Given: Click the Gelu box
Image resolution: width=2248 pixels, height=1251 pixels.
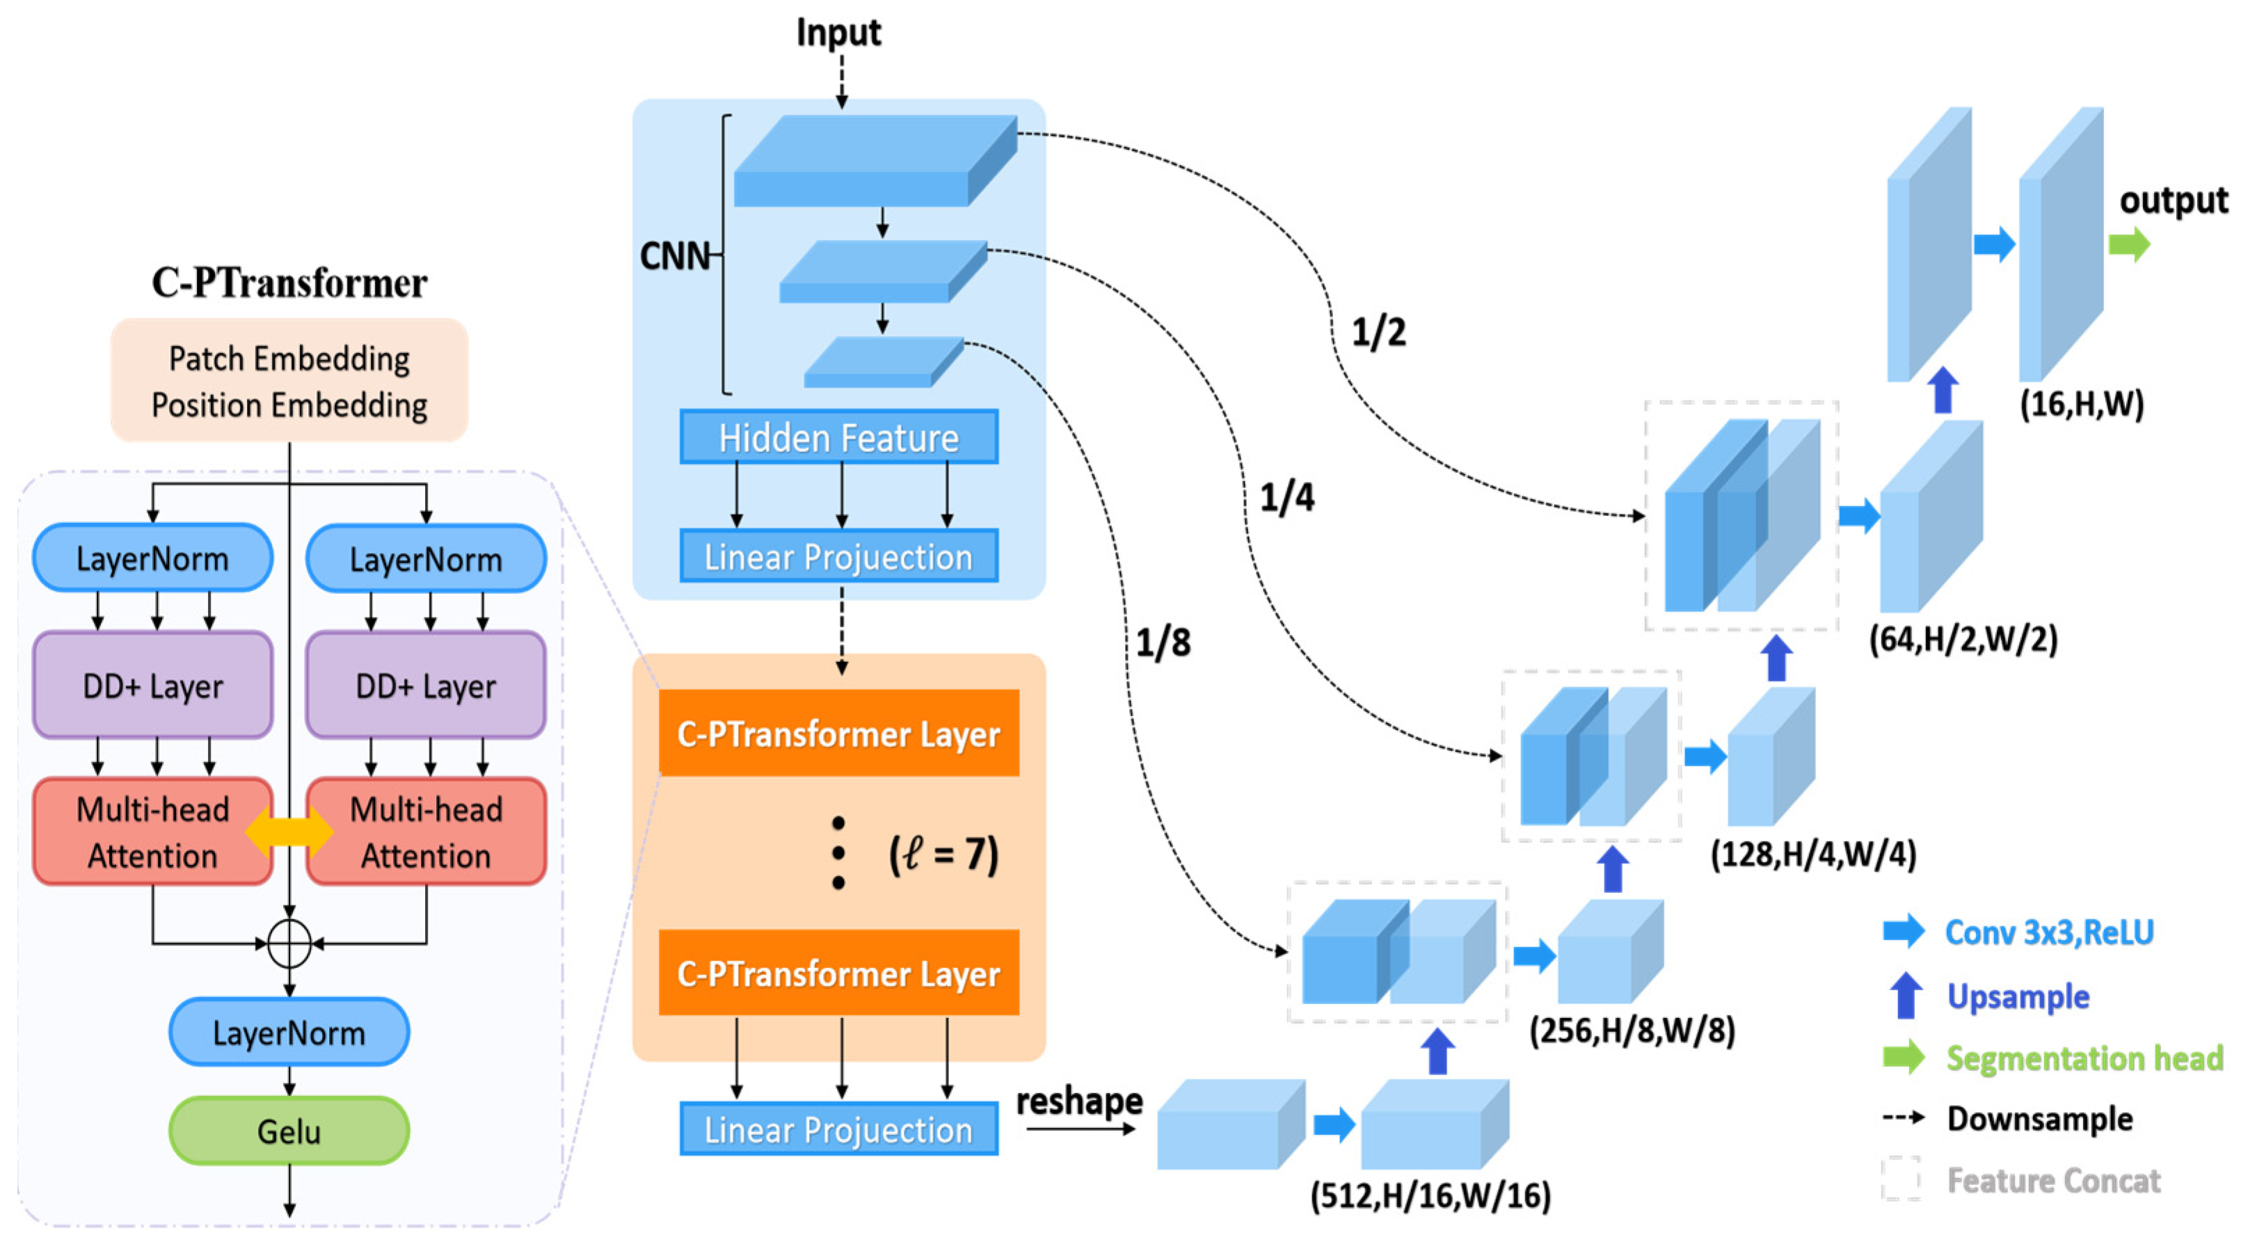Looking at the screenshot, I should pyautogui.click(x=289, y=1131).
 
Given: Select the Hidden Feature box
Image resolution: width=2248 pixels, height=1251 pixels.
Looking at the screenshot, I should pyautogui.click(x=838, y=437).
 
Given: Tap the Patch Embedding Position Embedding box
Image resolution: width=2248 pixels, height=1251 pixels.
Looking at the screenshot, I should pyautogui.click(x=289, y=381).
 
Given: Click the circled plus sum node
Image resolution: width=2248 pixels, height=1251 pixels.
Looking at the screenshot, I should pyautogui.click(x=289, y=943).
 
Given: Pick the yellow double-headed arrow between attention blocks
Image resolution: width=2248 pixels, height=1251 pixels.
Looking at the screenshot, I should pyautogui.click(x=289, y=832).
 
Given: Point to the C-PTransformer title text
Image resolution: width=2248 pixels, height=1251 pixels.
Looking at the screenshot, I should pyautogui.click(x=289, y=282).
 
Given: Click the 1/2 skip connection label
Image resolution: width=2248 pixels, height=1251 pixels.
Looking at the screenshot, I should pyautogui.click(x=1378, y=332).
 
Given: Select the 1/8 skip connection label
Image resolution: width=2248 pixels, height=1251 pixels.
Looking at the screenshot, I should pyautogui.click(x=1163, y=643).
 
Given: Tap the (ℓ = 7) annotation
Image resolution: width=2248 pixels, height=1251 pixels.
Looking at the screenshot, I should pyautogui.click(x=943, y=854).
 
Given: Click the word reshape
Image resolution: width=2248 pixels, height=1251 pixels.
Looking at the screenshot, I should pyautogui.click(x=1080, y=1101).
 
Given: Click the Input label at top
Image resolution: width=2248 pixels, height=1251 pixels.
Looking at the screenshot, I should pyautogui.click(x=838, y=33).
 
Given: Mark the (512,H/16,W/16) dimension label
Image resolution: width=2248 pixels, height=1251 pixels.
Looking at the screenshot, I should pyautogui.click(x=1430, y=1195).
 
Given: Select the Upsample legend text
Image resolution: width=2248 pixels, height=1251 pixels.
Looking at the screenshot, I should pyautogui.click(x=2018, y=996).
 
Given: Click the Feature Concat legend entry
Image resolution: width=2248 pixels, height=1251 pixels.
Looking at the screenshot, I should pyautogui.click(x=2053, y=1180).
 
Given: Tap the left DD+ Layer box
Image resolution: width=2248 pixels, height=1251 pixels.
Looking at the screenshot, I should pyautogui.click(x=152, y=686).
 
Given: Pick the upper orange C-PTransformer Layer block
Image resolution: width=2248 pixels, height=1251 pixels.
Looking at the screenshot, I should pyautogui.click(x=838, y=734).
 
